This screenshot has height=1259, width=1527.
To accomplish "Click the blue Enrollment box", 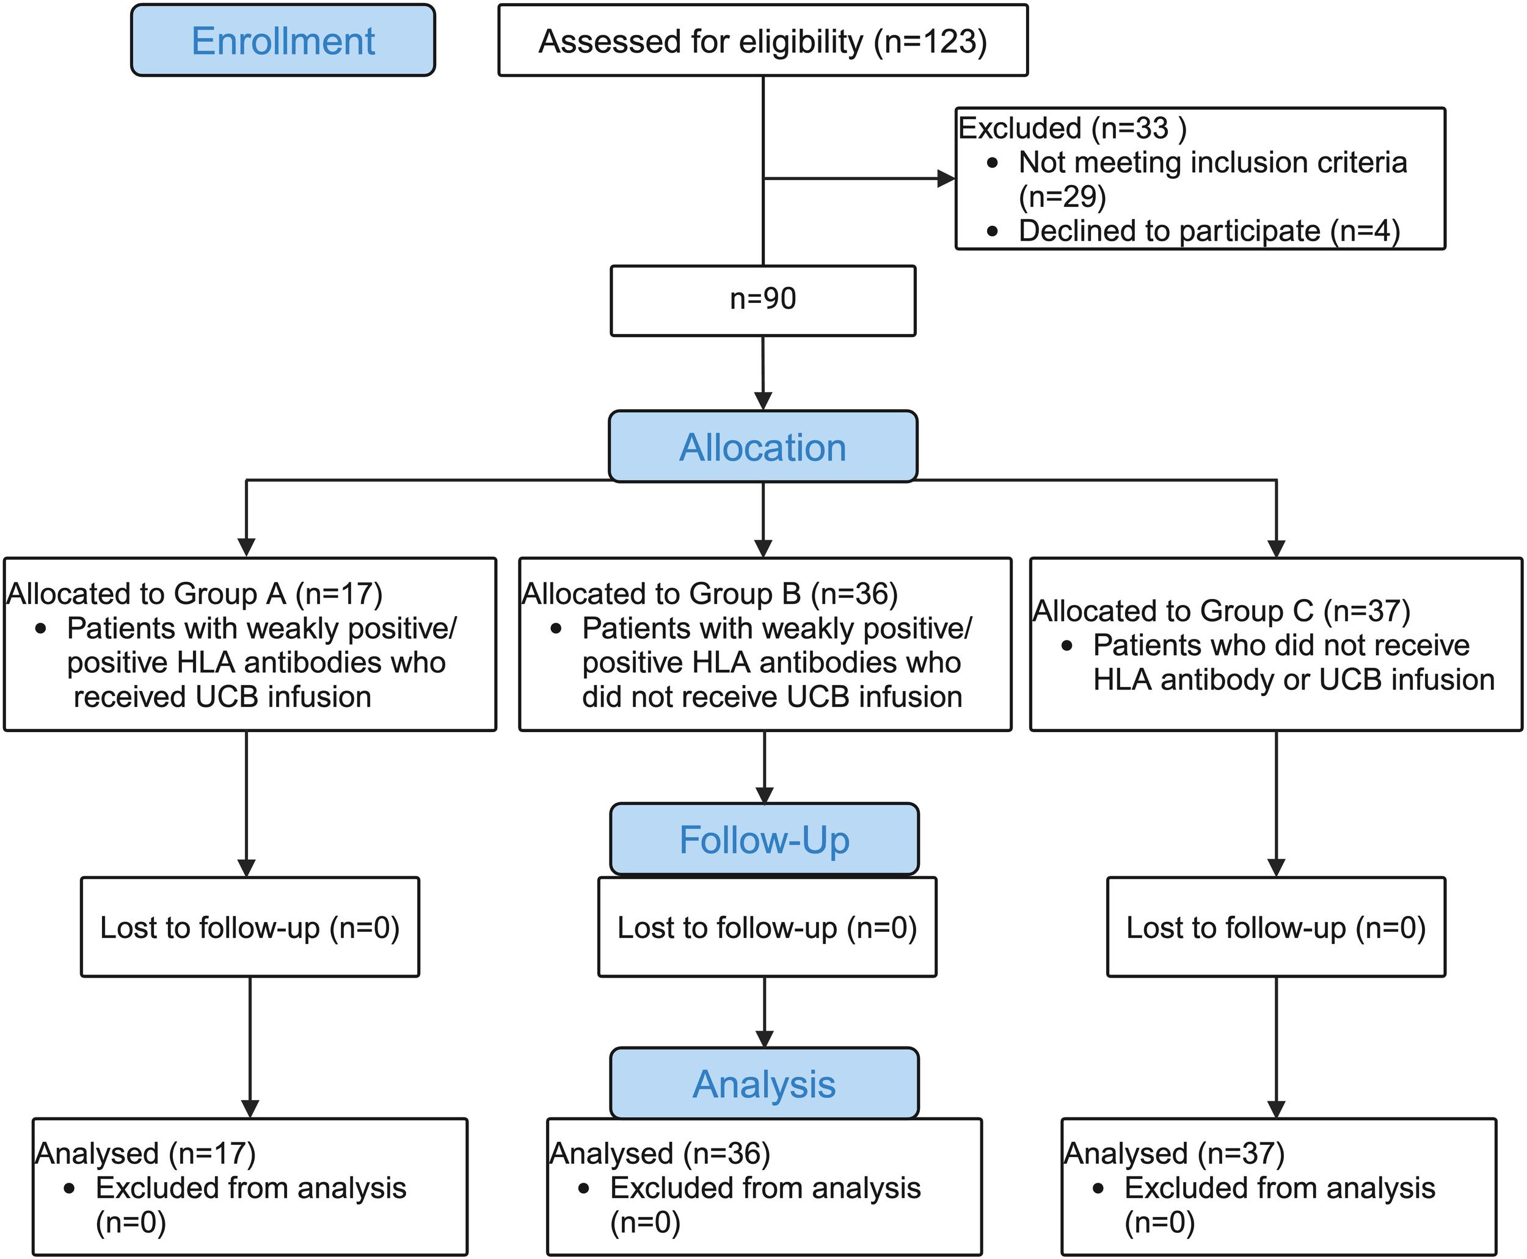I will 283,41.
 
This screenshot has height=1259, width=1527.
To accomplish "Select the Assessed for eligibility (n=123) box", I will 762,41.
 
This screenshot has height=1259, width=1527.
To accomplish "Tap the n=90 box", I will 762,300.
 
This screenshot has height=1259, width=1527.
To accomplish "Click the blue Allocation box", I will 762,447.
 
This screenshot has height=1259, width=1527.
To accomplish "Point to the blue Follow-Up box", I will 764,839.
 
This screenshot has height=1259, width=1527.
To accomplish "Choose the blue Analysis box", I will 764,1084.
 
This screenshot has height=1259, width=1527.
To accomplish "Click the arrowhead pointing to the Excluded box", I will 946,178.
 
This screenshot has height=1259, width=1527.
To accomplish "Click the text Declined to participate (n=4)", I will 1209,231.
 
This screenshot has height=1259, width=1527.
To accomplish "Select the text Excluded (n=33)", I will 1072,128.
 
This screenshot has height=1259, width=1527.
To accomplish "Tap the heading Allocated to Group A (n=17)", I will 194,594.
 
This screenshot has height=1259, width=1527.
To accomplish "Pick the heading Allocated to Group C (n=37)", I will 1221,611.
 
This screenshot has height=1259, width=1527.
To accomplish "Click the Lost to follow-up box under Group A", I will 250,927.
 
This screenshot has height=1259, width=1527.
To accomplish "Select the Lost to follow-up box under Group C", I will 1275,927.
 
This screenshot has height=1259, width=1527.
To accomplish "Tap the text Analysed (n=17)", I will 145,1154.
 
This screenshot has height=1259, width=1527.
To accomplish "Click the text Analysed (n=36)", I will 660,1154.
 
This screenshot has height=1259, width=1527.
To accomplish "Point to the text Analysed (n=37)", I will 1174,1154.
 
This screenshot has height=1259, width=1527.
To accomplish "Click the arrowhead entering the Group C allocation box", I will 1276,548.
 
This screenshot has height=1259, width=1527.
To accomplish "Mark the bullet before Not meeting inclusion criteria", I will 993,163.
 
